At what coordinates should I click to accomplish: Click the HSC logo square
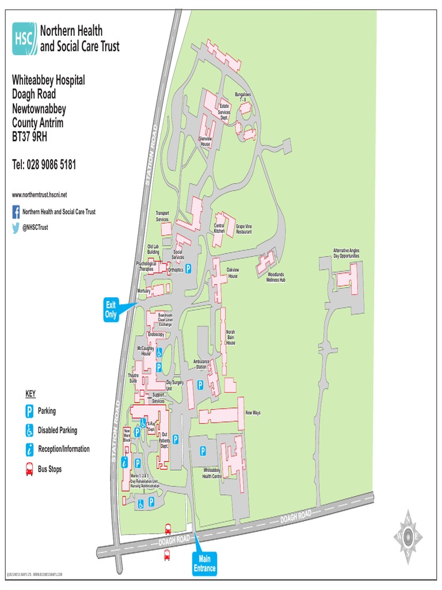[24, 39]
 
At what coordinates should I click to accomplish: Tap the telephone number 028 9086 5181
[44, 165]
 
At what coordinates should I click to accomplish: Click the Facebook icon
[16, 212]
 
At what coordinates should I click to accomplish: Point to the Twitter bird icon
[16, 227]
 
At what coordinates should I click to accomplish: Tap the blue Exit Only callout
[111, 310]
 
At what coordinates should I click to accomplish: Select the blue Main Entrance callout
[204, 563]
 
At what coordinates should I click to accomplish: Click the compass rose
[407, 536]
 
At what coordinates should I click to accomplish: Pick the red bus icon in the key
[29, 470]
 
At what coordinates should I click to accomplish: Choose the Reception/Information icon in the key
[29, 449]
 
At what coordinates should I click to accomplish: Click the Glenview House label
[205, 141]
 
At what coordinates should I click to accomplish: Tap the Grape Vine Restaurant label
[244, 229]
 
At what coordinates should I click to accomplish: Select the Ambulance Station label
[200, 364]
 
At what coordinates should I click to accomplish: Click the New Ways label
[253, 413]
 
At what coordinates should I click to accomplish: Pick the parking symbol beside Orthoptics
[188, 268]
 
